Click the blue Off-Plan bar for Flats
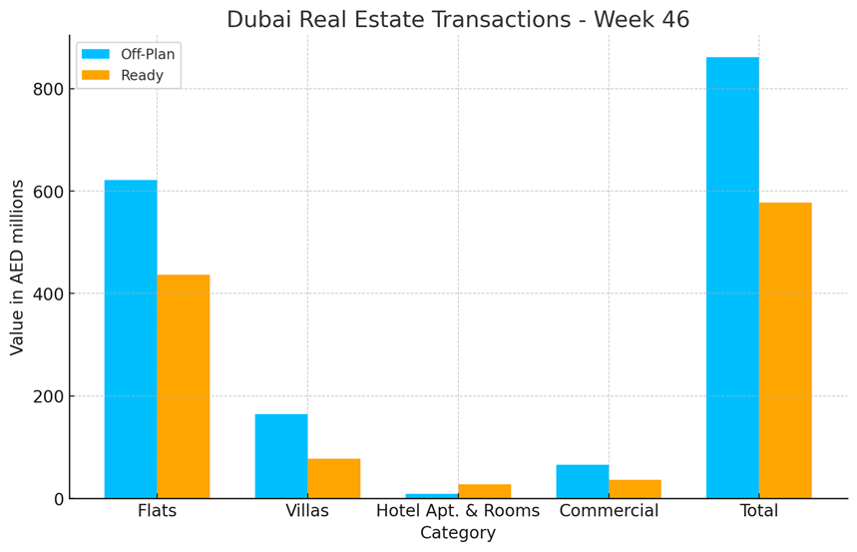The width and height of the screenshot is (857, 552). click(x=131, y=339)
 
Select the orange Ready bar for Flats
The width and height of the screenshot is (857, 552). click(x=184, y=386)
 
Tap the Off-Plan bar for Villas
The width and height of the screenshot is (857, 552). click(x=281, y=456)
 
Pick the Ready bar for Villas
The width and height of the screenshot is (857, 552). click(x=334, y=478)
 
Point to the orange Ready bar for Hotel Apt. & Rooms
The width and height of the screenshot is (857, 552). click(x=485, y=491)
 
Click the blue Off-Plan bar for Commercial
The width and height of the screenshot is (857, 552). click(x=583, y=481)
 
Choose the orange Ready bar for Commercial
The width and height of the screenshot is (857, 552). click(x=636, y=489)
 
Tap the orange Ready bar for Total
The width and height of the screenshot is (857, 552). click(x=785, y=350)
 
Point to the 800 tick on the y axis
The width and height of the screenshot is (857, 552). click(x=48, y=89)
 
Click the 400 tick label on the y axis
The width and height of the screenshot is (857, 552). click(x=48, y=294)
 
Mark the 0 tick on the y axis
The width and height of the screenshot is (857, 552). click(x=57, y=499)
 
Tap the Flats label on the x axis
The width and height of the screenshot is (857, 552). click(x=157, y=511)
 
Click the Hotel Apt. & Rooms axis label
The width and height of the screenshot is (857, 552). click(x=458, y=511)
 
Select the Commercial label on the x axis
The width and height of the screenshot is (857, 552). click(x=609, y=511)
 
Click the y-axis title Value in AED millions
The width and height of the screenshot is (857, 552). click(x=17, y=268)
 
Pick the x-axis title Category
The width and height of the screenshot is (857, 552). click(x=458, y=534)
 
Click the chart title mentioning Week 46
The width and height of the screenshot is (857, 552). click(x=458, y=19)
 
